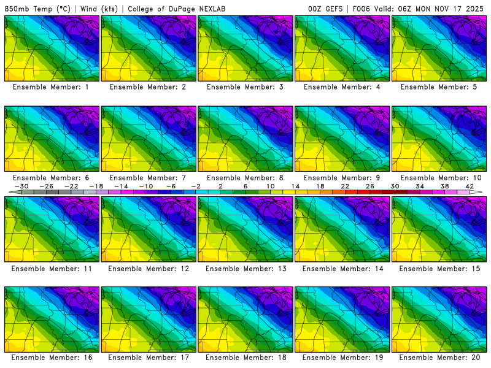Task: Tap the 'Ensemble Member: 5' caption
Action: point(439,87)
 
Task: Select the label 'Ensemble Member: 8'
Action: point(245,178)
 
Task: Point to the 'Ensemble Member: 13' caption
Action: point(245,269)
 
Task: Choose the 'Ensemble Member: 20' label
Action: point(439,357)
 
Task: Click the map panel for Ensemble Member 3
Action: point(245,48)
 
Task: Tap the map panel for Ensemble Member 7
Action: point(149,139)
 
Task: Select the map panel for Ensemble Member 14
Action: point(342,229)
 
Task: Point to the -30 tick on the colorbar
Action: point(21,186)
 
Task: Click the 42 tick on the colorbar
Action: point(470,186)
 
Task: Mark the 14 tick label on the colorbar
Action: point(295,186)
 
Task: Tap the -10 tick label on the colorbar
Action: point(146,186)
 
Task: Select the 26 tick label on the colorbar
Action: point(370,186)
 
